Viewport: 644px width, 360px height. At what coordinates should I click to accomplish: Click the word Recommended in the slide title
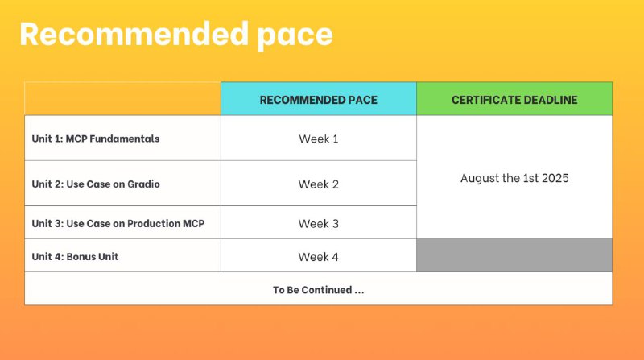[134, 34]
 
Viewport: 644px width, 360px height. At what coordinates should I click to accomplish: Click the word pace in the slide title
[295, 37]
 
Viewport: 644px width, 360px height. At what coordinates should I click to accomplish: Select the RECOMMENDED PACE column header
[318, 100]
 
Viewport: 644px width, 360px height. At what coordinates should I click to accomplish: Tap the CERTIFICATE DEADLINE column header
[514, 100]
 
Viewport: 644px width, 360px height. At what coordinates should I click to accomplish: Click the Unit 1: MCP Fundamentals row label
[96, 139]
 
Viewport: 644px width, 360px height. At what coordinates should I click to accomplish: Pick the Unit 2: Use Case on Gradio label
[96, 184]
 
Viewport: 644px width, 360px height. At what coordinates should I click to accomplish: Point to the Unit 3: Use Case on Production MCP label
[118, 223]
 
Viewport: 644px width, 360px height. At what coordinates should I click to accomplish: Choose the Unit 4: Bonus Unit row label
[75, 256]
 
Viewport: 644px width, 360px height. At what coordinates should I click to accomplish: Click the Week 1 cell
[318, 139]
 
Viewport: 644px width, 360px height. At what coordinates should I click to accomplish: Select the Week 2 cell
[318, 184]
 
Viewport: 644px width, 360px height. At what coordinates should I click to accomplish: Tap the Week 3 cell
[318, 224]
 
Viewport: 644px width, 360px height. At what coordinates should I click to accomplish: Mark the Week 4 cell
[318, 257]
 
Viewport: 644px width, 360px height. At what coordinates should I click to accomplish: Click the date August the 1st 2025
[514, 178]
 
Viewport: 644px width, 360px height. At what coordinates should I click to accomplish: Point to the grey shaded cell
[514, 255]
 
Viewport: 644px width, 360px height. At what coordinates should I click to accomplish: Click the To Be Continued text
[318, 290]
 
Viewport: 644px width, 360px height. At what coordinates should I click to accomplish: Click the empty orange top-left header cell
[123, 98]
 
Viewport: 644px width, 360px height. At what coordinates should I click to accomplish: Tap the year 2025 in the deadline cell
[555, 178]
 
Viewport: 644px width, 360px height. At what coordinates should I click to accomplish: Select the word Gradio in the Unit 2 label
[143, 184]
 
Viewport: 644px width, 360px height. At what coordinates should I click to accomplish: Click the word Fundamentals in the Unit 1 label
[125, 139]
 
